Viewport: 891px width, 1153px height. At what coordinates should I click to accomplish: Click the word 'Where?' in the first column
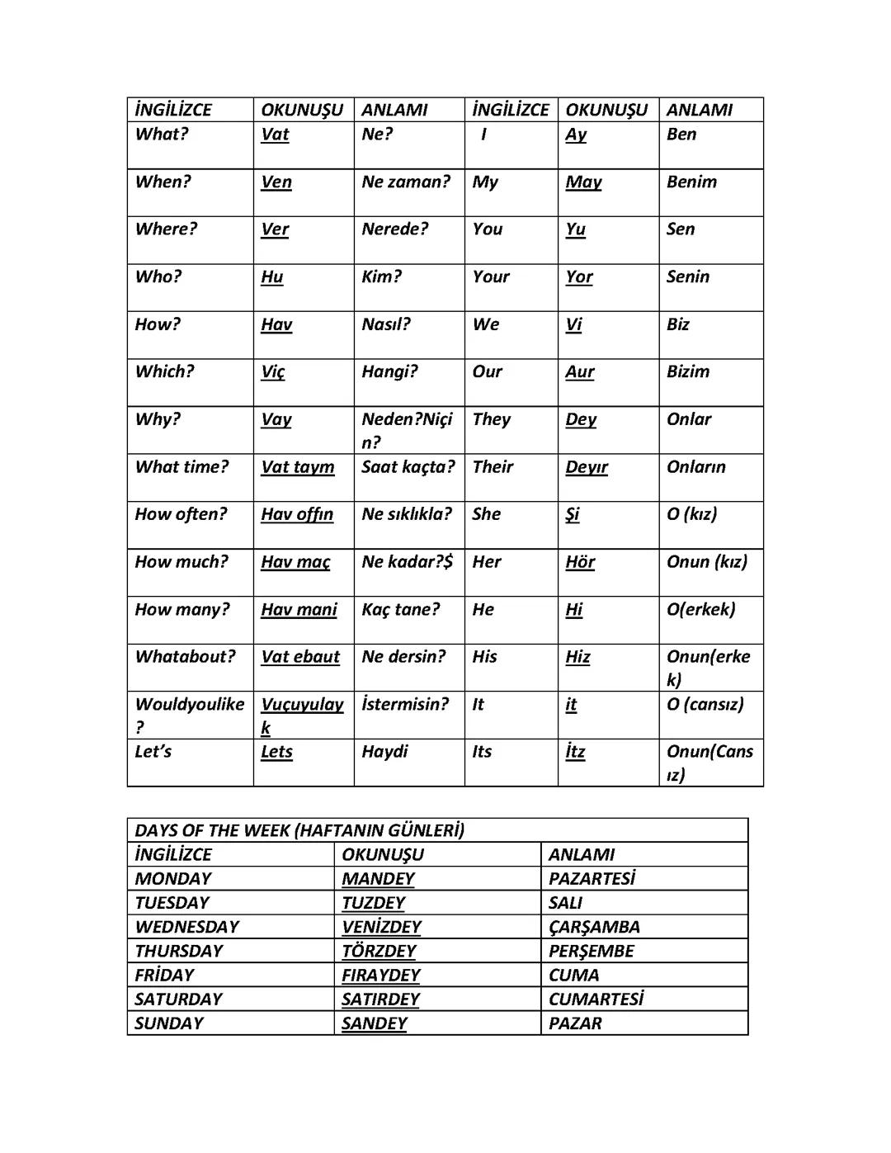[x=166, y=229]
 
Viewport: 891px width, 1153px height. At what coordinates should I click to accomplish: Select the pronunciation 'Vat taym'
[x=297, y=467]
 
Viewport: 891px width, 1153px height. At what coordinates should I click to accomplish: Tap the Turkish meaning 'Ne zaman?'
[x=405, y=182]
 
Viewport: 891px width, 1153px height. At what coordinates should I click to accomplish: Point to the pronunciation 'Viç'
[x=272, y=372]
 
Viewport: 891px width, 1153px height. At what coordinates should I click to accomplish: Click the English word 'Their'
[x=493, y=467]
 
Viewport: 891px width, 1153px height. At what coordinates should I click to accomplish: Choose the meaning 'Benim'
[x=691, y=182]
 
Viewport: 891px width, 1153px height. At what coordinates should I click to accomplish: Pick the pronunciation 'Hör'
[x=580, y=562]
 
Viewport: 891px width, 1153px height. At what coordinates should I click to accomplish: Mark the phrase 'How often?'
[x=181, y=514]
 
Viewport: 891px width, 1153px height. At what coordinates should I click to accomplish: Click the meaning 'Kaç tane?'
[x=400, y=609]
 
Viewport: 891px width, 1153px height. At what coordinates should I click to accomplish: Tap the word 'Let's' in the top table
[x=153, y=752]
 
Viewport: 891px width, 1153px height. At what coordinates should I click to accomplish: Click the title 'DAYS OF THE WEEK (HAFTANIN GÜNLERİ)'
[x=299, y=830]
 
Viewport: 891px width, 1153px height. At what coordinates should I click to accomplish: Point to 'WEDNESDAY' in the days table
[x=186, y=927]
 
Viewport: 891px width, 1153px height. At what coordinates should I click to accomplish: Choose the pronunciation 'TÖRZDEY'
[x=379, y=951]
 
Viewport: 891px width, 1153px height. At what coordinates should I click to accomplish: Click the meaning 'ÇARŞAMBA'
[x=594, y=927]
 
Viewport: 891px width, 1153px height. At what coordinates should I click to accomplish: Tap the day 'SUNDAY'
[x=168, y=1023]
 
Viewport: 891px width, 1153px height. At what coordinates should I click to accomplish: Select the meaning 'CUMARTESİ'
[x=596, y=999]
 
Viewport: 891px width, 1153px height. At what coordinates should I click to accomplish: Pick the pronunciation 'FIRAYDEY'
[x=380, y=976]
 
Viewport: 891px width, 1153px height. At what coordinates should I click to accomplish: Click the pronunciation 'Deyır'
[x=586, y=467]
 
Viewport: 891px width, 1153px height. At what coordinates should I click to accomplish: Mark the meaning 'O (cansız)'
[x=705, y=704]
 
